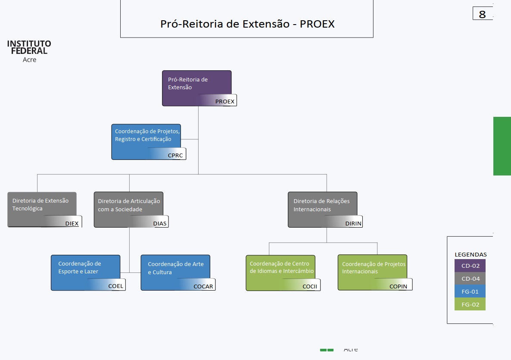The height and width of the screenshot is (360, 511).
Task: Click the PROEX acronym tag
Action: click(x=224, y=102)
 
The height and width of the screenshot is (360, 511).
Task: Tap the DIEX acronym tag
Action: click(x=72, y=223)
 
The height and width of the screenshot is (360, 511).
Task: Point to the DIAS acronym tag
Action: click(x=159, y=223)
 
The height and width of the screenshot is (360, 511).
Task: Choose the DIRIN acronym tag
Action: click(x=353, y=223)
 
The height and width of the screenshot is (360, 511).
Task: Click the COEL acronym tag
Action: click(x=115, y=286)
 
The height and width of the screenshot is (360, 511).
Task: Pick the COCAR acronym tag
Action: click(x=203, y=286)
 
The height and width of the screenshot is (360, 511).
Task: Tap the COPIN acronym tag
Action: click(x=398, y=286)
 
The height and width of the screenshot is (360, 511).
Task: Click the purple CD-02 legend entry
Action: click(x=470, y=266)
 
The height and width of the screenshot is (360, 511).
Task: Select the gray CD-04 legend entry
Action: click(x=470, y=279)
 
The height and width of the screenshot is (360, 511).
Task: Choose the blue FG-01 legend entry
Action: click(x=470, y=291)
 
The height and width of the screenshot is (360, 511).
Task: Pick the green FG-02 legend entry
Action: click(x=470, y=304)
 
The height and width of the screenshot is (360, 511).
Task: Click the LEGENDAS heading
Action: click(x=470, y=254)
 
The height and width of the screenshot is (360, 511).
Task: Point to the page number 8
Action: click(x=482, y=14)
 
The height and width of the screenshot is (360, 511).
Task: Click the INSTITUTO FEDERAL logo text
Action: click(x=29, y=47)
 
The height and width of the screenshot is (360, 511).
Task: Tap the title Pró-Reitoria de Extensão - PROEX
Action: click(x=247, y=24)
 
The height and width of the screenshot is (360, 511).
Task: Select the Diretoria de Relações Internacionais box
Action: click(x=322, y=205)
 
